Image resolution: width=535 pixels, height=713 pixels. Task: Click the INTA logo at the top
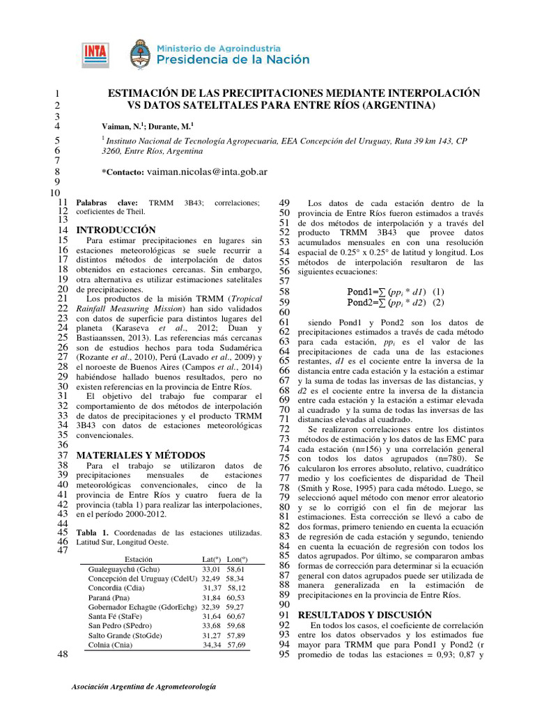[x=95, y=53]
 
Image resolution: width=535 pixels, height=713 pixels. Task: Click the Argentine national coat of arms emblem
[x=139, y=54]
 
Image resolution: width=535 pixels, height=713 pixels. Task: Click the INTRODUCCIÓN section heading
[x=116, y=230]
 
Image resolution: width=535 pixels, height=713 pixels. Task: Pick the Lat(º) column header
[x=211, y=559]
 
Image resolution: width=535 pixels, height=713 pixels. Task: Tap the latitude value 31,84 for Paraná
[x=211, y=597]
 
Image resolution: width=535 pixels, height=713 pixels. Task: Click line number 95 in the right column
[x=284, y=655]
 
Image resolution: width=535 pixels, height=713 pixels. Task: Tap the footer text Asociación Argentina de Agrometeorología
[x=144, y=687]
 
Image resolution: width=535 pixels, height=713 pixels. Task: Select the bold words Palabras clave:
[x=107, y=202]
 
